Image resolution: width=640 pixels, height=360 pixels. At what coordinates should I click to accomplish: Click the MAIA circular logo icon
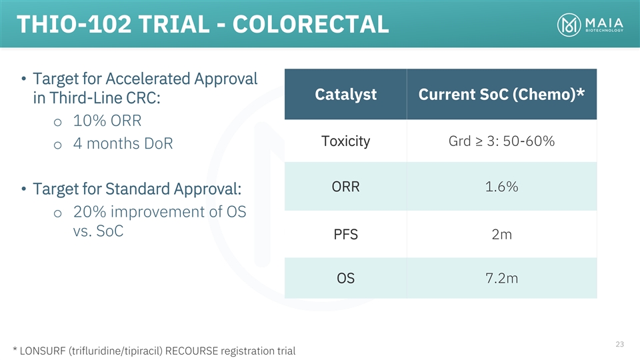[x=569, y=25]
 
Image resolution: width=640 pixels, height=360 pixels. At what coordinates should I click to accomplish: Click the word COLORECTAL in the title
[x=311, y=24]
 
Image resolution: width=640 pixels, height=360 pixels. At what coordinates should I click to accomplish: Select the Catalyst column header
[x=346, y=94]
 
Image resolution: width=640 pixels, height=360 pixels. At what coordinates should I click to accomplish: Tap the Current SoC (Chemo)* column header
[x=501, y=94]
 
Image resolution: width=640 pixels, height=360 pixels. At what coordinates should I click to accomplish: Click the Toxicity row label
[x=346, y=141]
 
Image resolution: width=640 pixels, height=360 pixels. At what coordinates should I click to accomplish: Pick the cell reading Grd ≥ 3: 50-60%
[x=501, y=141]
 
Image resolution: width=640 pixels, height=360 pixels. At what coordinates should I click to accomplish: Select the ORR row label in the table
[x=346, y=187]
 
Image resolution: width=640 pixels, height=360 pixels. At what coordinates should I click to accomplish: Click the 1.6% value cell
[x=501, y=187]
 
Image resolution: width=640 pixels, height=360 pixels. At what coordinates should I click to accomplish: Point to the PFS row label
[x=346, y=234]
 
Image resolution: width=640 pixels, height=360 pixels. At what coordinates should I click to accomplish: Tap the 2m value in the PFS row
[x=501, y=234]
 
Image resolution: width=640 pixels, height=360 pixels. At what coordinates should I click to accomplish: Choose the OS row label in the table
[x=346, y=278]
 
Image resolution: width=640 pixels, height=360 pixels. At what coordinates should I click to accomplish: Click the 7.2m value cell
[x=501, y=278]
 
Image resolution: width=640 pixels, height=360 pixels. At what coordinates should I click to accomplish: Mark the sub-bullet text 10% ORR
[x=107, y=121]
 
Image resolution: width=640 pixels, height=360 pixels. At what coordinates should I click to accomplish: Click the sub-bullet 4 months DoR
[x=123, y=144]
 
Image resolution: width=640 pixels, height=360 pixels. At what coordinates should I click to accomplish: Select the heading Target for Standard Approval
[x=137, y=189]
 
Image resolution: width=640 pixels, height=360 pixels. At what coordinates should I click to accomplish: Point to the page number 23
[x=619, y=344]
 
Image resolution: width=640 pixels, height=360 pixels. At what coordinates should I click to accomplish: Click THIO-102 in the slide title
[x=74, y=24]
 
